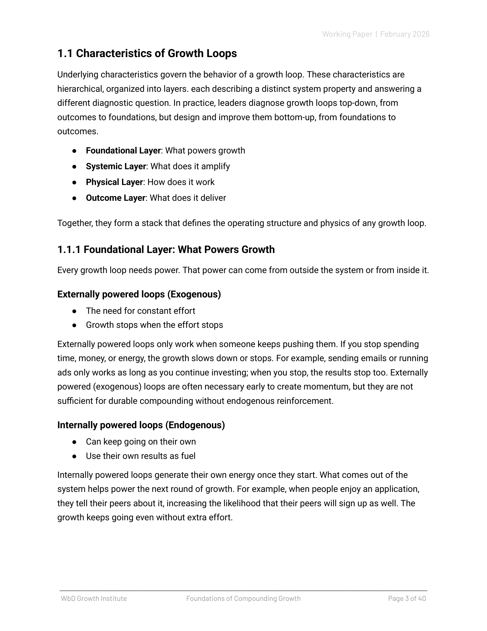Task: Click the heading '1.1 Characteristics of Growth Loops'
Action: click(x=147, y=53)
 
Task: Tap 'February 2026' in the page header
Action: click(x=404, y=34)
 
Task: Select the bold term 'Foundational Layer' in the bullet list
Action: click(x=123, y=151)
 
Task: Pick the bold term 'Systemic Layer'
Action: click(x=116, y=166)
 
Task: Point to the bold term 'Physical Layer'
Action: click(x=114, y=182)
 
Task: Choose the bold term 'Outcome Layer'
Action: click(x=115, y=198)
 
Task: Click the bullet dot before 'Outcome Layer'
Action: click(x=74, y=198)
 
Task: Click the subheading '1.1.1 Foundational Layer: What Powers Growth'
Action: click(x=166, y=249)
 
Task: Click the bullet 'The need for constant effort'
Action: click(x=140, y=311)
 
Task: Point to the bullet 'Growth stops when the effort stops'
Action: click(x=154, y=325)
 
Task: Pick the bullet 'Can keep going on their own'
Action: click(x=141, y=442)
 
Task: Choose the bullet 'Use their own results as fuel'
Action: click(x=140, y=456)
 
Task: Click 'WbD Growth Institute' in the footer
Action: click(x=94, y=598)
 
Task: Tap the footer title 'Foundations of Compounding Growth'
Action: click(x=243, y=598)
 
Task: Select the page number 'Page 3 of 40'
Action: click(x=407, y=598)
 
